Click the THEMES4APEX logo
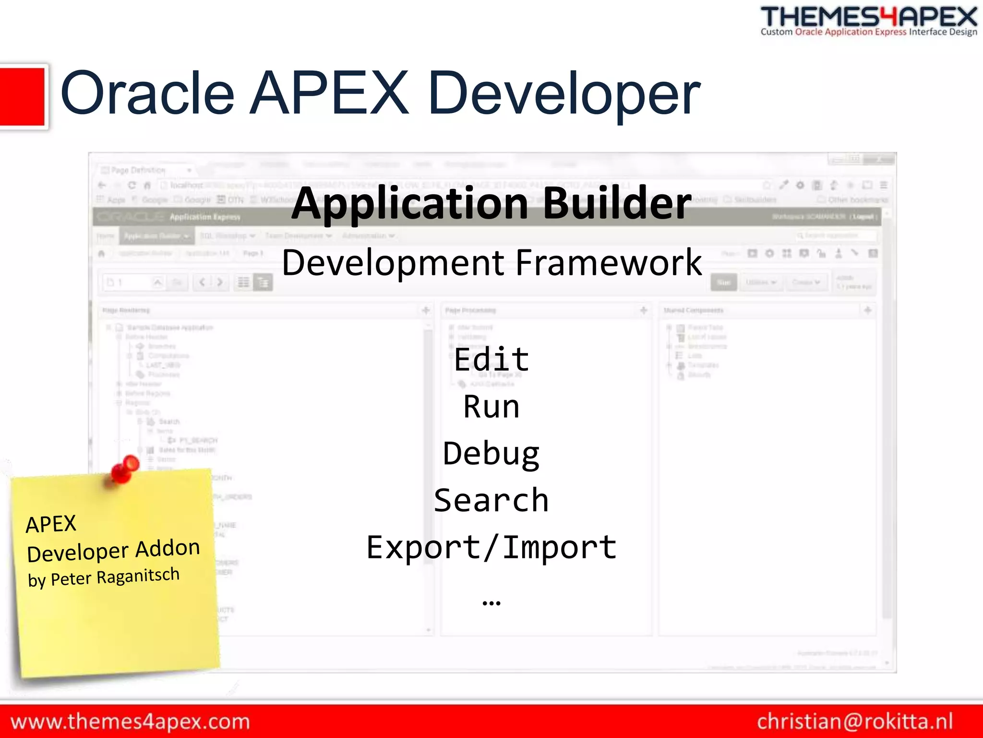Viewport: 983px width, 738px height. click(x=869, y=17)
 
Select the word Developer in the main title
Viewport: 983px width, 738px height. click(x=564, y=94)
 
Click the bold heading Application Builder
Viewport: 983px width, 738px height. click(x=491, y=204)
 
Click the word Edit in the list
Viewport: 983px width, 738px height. click(x=491, y=359)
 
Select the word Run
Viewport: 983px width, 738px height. click(x=491, y=406)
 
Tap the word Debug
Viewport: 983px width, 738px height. click(x=491, y=454)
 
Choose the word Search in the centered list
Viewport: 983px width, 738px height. click(x=491, y=500)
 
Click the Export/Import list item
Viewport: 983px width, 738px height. click(x=491, y=547)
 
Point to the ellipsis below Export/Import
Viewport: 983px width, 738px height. click(x=491, y=603)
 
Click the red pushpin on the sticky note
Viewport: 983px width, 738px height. click(x=125, y=468)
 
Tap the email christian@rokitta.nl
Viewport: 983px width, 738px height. click(x=855, y=722)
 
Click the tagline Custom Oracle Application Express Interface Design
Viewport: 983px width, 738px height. click(x=869, y=32)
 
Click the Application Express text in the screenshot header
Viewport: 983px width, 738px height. click(x=205, y=217)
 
